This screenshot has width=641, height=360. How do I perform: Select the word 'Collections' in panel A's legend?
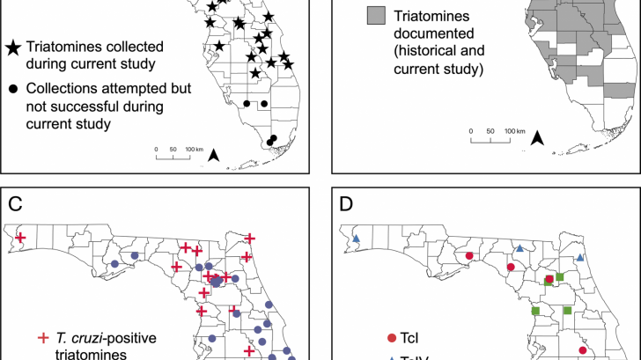tap(63, 89)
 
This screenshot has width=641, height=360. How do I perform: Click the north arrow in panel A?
tap(213, 157)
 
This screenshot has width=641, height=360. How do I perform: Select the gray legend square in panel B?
tap(378, 15)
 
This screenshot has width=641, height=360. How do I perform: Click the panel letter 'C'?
tap(15, 205)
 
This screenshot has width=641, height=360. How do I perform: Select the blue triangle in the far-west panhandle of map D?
tap(357, 239)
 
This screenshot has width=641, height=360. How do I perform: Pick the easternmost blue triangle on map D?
tap(580, 257)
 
